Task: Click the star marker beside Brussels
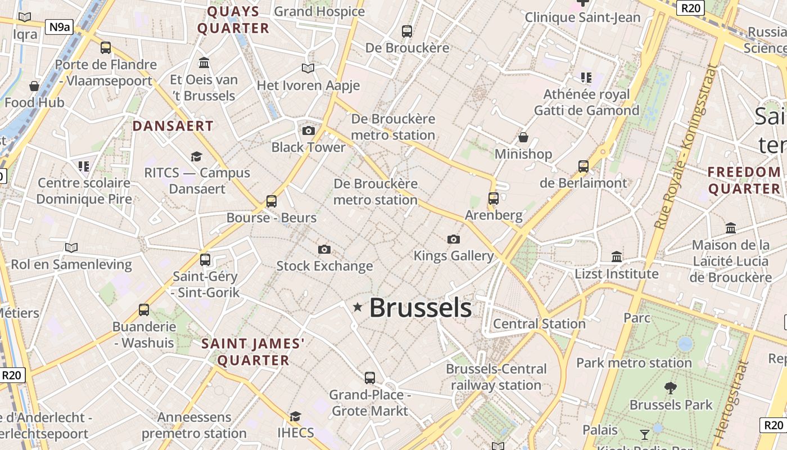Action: pos(358,307)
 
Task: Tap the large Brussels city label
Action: pos(420,308)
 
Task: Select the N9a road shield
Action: pos(59,26)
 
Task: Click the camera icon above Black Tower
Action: pos(309,131)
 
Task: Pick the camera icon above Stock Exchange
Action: pos(324,249)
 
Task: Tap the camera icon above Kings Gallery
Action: pos(454,240)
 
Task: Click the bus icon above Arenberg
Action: pos(494,198)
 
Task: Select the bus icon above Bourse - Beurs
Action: pos(272,201)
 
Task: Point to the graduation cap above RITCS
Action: pos(196,156)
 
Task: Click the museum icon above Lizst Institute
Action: pos(617,257)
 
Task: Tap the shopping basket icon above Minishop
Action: pos(523,137)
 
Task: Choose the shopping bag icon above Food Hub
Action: pos(34,86)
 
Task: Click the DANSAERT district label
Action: pos(173,126)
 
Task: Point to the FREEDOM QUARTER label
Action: pos(744,180)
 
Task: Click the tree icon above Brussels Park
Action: pos(670,388)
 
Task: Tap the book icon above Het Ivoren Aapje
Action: pos(308,69)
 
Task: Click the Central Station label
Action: pos(539,324)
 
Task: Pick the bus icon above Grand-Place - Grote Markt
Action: pos(370,378)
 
